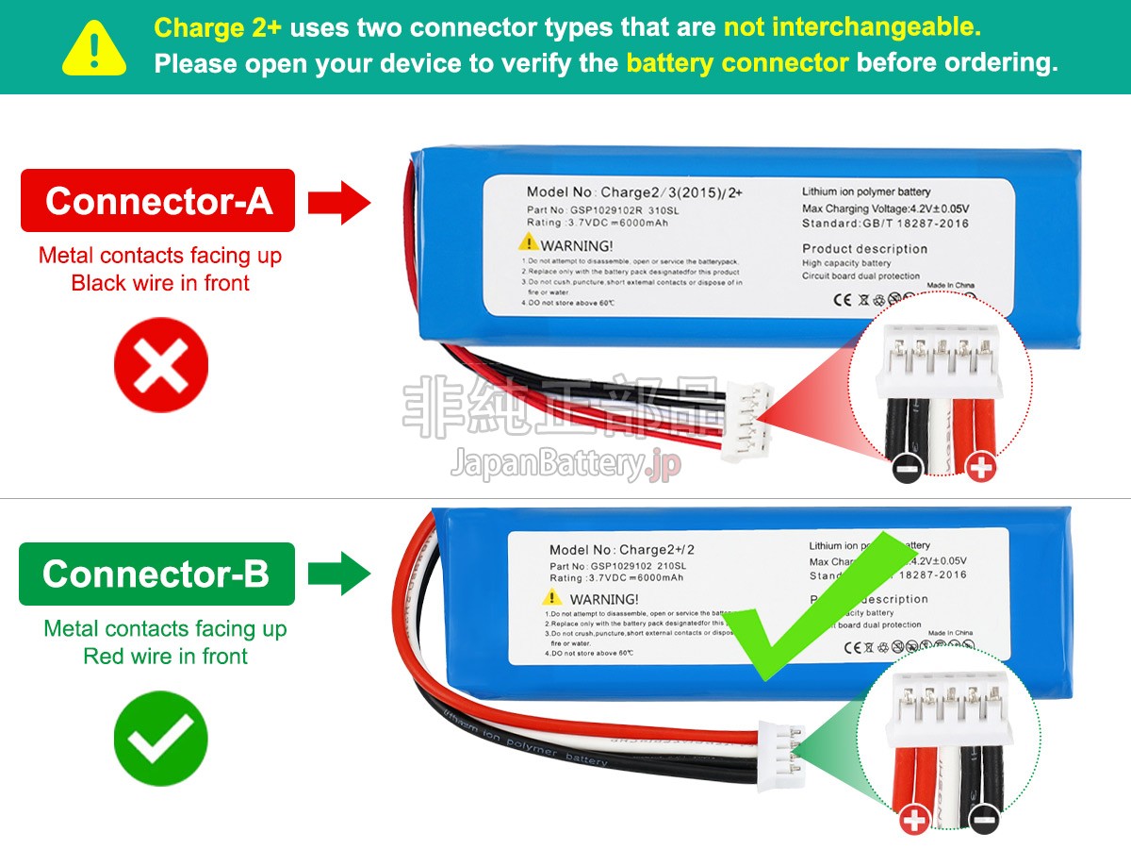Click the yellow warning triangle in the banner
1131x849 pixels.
94,49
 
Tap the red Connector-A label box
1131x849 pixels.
157,201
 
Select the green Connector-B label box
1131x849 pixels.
156,574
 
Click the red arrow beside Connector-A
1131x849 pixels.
339,201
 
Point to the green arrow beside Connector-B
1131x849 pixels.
340,574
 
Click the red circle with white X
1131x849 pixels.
160,365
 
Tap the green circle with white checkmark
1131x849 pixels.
160,738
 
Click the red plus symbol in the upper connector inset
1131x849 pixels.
981,467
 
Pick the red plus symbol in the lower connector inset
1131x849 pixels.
914,821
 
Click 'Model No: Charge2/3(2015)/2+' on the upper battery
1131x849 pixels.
634,192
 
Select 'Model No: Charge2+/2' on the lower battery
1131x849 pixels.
627,550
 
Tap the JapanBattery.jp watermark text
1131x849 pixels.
565,463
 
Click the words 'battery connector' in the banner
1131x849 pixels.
737,63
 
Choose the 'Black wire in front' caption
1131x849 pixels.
160,283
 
